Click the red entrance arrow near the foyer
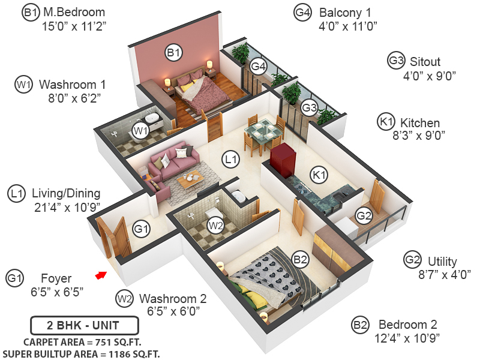click(x=100, y=275)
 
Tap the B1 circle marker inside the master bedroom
click(x=173, y=53)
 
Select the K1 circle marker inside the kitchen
click(x=319, y=175)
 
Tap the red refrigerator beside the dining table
click(x=281, y=157)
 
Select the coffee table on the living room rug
click(x=192, y=178)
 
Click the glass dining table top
click(x=262, y=128)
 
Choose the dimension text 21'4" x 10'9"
click(x=67, y=208)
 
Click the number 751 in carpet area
click(x=110, y=342)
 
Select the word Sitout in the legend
click(x=425, y=61)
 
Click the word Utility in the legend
click(x=442, y=262)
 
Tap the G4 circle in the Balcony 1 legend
click(x=303, y=11)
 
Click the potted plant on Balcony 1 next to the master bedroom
click(x=241, y=53)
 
